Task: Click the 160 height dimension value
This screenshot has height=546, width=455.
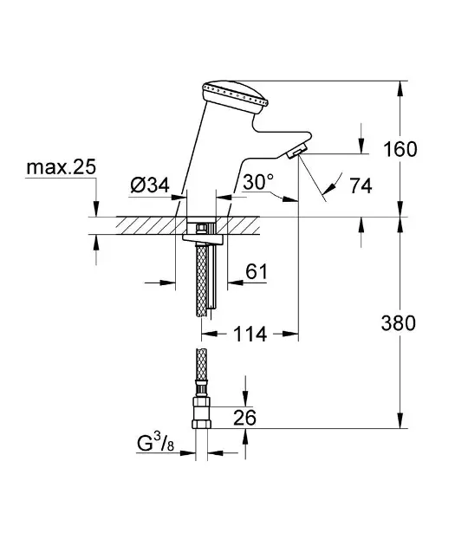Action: click(400, 149)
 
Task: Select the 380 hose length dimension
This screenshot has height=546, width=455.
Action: click(400, 324)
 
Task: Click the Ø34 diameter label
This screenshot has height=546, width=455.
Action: click(150, 185)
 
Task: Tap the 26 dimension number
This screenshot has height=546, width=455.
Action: click(245, 419)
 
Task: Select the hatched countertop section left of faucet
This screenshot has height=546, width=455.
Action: click(134, 224)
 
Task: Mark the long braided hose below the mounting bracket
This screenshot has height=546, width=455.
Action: click(205, 282)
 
